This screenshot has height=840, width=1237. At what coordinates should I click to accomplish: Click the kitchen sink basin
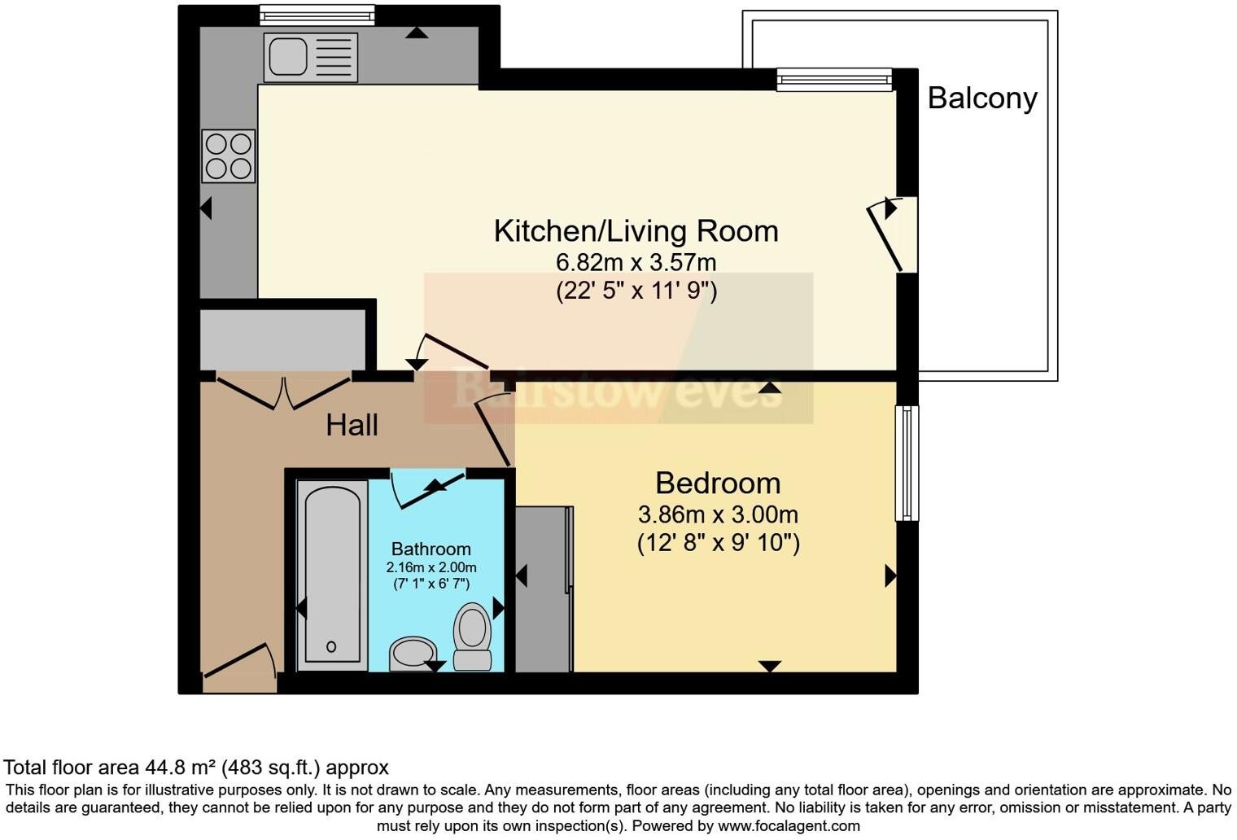(288, 56)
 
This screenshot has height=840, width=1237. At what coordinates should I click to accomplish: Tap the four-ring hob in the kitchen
(228, 155)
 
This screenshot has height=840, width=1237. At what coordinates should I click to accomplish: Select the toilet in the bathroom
(472, 637)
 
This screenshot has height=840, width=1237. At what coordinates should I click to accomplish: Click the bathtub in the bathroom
(332, 575)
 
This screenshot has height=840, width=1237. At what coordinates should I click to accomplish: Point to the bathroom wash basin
(413, 654)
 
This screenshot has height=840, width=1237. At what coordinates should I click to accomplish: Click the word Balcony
(982, 98)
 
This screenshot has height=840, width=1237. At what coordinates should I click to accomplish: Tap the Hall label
(352, 425)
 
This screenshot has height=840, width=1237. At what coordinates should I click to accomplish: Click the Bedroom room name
(718, 483)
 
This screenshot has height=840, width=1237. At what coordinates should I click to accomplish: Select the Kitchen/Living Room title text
(636, 231)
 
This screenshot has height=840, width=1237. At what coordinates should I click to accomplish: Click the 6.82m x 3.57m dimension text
(636, 262)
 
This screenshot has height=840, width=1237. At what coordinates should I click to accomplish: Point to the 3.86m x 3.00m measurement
(718, 514)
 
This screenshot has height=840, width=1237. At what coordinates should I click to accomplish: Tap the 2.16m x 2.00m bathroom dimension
(431, 567)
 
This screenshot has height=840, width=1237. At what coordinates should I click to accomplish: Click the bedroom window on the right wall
(907, 463)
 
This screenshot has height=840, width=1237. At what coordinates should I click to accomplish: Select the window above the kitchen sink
(317, 15)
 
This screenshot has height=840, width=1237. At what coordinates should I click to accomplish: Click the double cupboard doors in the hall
(284, 393)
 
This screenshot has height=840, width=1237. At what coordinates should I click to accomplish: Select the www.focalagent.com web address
(789, 826)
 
